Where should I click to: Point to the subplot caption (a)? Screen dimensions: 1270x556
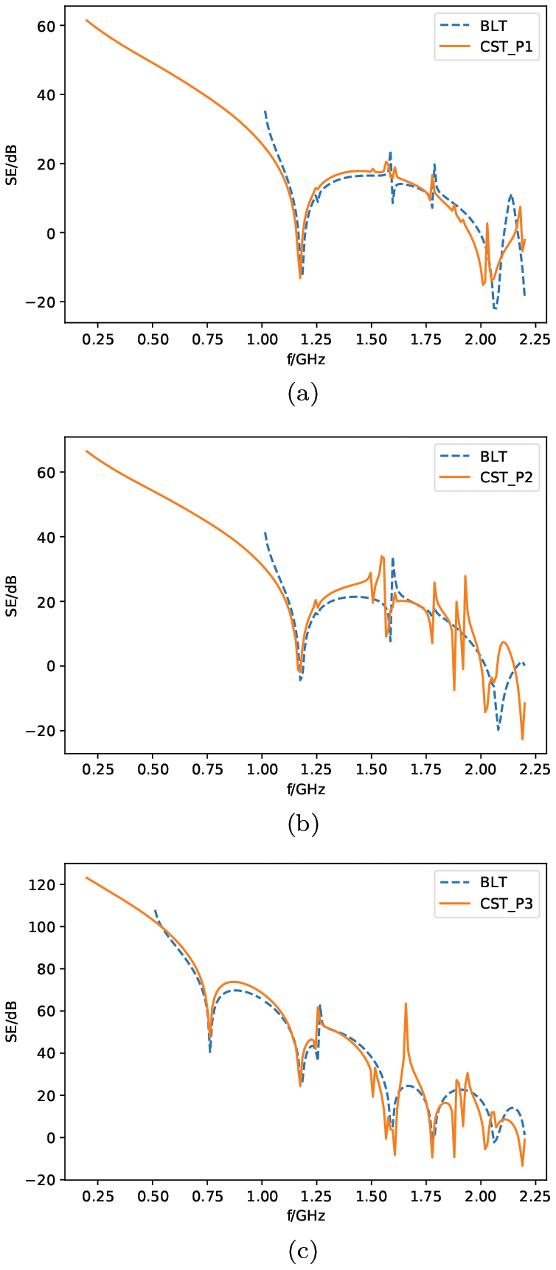pyautogui.click(x=302, y=394)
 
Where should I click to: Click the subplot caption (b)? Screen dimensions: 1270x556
pyautogui.click(x=302, y=824)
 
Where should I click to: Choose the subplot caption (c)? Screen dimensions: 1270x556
pyautogui.click(x=302, y=1251)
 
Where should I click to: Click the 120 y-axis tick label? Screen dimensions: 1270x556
pyautogui.click(x=44, y=884)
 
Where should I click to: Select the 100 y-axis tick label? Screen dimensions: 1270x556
pyautogui.click(x=44, y=926)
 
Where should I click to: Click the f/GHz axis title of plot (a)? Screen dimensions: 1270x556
pyautogui.click(x=306, y=359)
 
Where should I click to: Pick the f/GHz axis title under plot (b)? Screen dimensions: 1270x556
pyautogui.click(x=306, y=789)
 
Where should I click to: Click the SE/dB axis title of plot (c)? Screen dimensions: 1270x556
pyautogui.click(x=12, y=1021)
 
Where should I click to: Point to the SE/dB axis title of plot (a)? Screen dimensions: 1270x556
pyautogui.click(x=12, y=164)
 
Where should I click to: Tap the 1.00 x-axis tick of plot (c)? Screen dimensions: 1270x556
pyautogui.click(x=262, y=1196)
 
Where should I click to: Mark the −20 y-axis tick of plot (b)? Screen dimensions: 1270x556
pyautogui.click(x=43, y=731)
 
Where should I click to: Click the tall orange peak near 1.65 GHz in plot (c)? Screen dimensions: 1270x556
pyautogui.click(x=406, y=1004)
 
